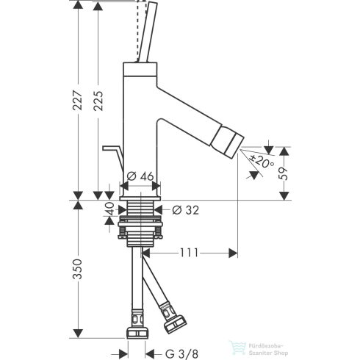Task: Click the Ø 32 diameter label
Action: (x=184, y=210)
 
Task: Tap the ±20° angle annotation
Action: (x=258, y=161)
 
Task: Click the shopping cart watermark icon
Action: (x=237, y=345)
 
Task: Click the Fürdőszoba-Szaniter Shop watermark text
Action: (x=274, y=347)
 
